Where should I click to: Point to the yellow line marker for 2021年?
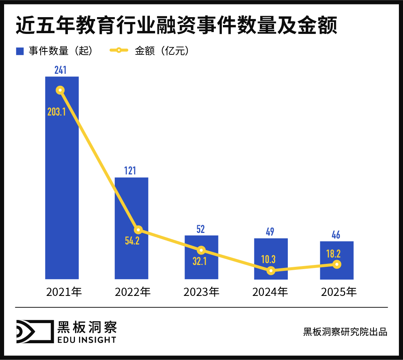[60, 90]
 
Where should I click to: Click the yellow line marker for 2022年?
[138, 230]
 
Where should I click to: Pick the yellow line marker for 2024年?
[271, 271]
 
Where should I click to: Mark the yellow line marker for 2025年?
[337, 264]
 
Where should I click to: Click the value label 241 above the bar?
[60, 70]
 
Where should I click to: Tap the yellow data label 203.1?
[57, 111]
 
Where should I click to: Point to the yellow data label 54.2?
[132, 241]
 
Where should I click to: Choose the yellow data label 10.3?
[268, 259]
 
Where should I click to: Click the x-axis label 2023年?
[201, 292]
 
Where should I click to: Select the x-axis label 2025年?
[339, 292]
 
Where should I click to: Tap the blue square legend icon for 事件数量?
[20, 51]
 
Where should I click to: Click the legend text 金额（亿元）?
[162, 51]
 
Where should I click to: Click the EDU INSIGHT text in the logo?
[87, 340]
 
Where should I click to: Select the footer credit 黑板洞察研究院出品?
[345, 332]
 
